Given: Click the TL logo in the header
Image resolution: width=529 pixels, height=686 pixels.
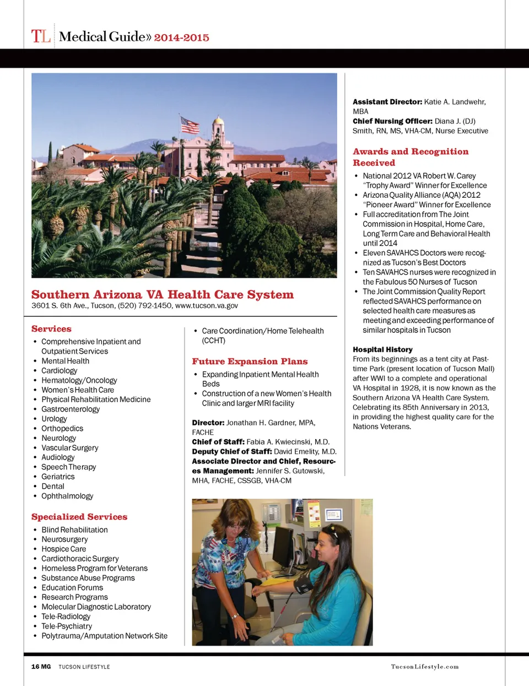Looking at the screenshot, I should (41, 36).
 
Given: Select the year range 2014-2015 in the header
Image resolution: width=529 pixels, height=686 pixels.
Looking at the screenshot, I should (181, 37).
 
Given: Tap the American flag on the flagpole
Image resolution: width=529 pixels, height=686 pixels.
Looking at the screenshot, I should (190, 125).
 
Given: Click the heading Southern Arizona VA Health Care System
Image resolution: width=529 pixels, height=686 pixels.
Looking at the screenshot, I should (163, 294).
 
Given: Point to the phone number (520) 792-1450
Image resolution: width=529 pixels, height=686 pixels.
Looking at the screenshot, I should (145, 305).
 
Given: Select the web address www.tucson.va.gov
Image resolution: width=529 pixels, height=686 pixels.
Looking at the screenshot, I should (207, 305).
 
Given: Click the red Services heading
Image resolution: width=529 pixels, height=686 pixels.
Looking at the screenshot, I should (51, 329).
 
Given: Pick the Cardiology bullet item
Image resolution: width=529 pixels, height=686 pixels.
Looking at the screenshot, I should (59, 370).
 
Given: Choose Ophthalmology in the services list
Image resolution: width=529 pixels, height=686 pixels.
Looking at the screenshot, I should (67, 496).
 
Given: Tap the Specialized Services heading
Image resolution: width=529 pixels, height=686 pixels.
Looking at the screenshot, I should (79, 517).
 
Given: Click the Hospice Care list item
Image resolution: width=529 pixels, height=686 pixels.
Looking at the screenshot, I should (63, 549).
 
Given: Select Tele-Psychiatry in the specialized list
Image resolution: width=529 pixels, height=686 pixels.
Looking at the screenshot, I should (67, 626).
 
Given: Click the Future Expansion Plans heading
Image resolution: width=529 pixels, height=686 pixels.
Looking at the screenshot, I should (250, 361).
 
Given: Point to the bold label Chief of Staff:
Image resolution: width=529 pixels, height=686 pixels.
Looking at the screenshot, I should (218, 442).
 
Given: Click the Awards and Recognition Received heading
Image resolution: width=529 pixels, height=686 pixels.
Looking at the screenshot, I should (411, 157).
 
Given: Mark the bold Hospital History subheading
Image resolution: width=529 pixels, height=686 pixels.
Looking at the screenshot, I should (382, 349).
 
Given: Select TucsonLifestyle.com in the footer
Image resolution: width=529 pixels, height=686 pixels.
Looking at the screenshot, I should (424, 667).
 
